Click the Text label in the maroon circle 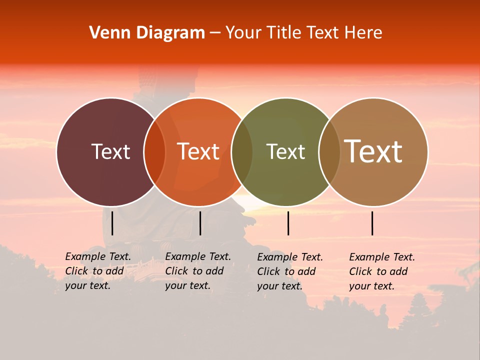[x=110, y=151]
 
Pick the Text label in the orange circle [x=198, y=151]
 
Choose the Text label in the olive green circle [x=285, y=151]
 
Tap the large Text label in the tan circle [x=373, y=151]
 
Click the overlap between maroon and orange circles [x=154, y=152]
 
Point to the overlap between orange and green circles [x=242, y=152]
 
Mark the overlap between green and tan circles [x=329, y=152]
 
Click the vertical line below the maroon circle [x=112, y=223]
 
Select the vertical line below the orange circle [x=200, y=223]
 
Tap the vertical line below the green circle [x=288, y=223]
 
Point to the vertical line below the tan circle [x=372, y=223]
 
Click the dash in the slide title [x=215, y=33]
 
